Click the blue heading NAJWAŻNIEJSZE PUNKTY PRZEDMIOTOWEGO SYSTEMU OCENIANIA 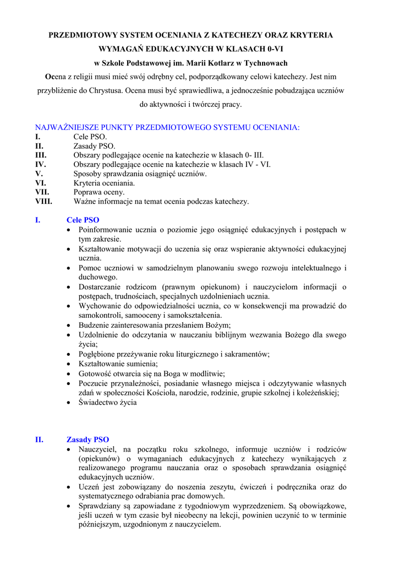(167, 127)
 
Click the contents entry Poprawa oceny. (99, 192)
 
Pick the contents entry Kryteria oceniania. (104, 183)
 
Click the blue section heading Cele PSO (83, 220)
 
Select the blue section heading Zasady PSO (88, 440)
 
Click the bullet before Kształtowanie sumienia (68, 364)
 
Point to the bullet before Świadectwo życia (68, 403)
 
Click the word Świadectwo (100, 402)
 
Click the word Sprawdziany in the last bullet (100, 506)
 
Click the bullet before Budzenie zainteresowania (68, 326)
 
